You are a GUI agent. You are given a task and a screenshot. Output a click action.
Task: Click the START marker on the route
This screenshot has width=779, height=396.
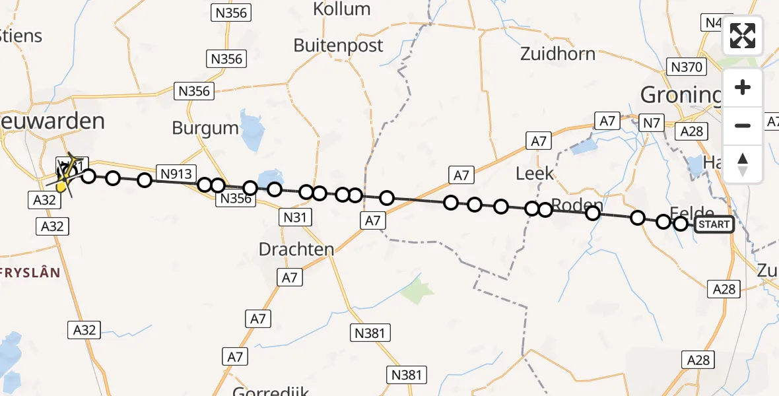714,224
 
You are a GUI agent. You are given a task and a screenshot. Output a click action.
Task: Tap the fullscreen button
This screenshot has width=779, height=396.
743,36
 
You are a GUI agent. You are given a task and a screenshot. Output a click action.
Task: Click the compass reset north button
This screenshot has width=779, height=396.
743,164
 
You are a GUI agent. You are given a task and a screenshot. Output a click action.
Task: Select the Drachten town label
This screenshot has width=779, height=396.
296,249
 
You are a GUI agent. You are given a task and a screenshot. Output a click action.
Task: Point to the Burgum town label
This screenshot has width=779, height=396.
205,127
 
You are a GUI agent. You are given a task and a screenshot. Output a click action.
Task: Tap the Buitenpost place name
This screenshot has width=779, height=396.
338,46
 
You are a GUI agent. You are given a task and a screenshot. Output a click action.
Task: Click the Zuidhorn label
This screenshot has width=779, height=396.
558,54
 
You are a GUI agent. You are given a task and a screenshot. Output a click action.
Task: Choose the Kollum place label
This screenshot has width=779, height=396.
341,9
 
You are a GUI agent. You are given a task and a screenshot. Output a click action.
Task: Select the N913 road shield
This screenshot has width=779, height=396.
176,174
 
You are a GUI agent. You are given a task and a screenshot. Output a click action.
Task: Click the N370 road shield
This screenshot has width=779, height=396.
688,67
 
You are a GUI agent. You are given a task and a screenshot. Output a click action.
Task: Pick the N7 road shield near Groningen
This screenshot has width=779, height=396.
652,123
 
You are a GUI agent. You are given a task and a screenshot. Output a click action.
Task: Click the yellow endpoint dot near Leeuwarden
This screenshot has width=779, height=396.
61,187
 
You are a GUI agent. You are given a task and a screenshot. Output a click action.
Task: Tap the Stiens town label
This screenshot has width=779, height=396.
21,35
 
